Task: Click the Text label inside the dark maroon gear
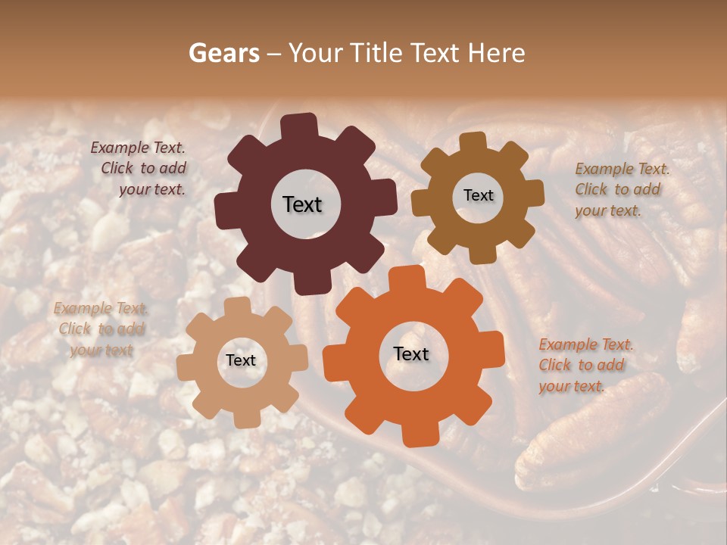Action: tap(302, 204)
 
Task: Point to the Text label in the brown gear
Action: tap(478, 195)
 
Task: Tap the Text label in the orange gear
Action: tap(411, 353)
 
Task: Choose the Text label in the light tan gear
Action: tap(241, 360)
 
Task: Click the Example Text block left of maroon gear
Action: tap(141, 169)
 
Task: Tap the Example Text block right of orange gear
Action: tap(585, 365)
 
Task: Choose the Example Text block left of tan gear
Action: tap(101, 329)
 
